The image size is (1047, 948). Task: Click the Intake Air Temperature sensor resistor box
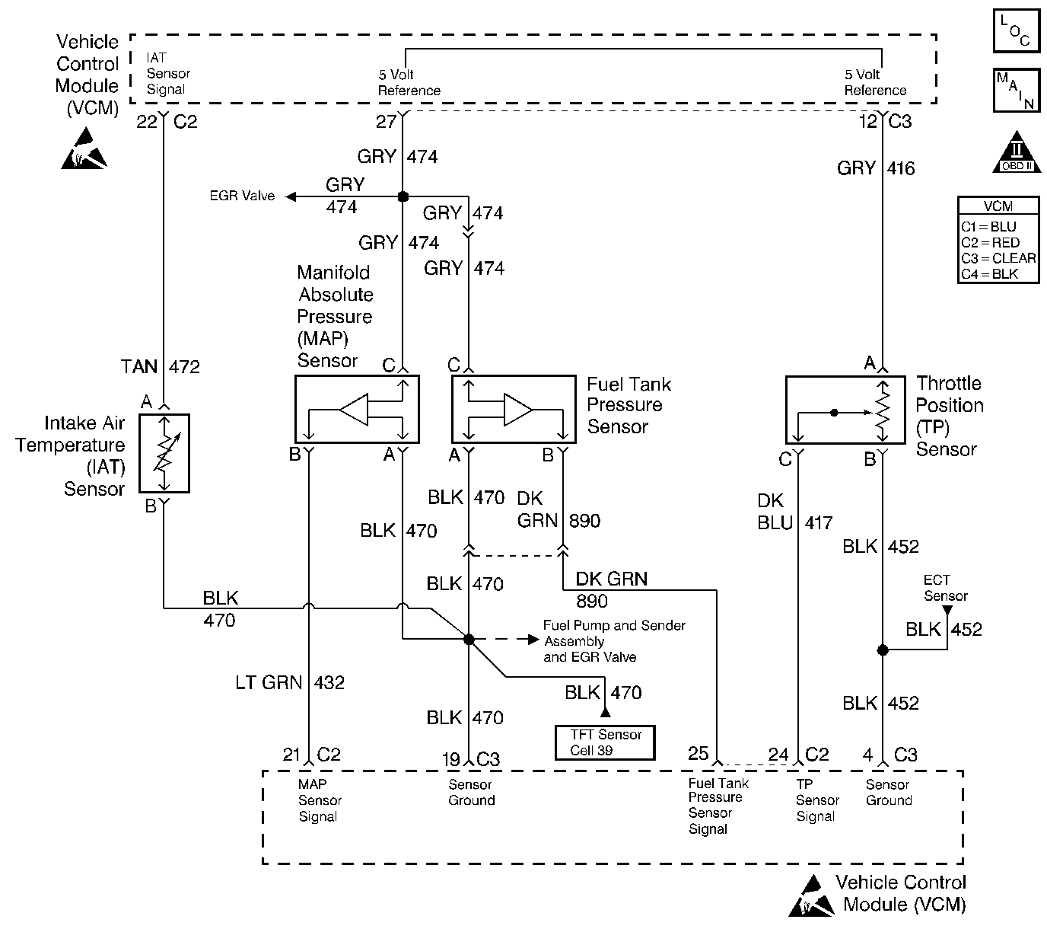pyautogui.click(x=164, y=453)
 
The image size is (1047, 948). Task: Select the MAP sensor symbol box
pyautogui.click(x=356, y=410)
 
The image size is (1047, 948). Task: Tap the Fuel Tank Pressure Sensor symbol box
pyautogui.click(x=514, y=410)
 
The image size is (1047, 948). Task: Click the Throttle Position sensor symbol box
pyautogui.click(x=844, y=410)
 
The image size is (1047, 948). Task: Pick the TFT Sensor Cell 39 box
pyautogui.click(x=605, y=742)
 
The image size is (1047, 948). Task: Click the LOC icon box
pyautogui.click(x=1016, y=31)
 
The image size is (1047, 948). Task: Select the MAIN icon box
pyautogui.click(x=1016, y=91)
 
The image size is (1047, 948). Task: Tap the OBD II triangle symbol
pyautogui.click(x=1017, y=152)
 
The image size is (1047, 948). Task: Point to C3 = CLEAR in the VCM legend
pyautogui.click(x=998, y=258)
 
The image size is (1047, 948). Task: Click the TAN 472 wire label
pyautogui.click(x=161, y=367)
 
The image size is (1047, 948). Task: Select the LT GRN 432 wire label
pyautogui.click(x=290, y=683)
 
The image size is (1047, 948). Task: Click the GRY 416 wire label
pyautogui.click(x=876, y=168)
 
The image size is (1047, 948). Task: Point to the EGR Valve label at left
pyautogui.click(x=242, y=196)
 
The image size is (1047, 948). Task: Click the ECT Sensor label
pyautogui.click(x=946, y=588)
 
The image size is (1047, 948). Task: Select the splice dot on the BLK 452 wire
pyautogui.click(x=883, y=650)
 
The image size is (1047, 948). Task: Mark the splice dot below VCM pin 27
pyautogui.click(x=403, y=196)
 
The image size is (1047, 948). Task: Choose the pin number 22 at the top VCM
pyautogui.click(x=146, y=122)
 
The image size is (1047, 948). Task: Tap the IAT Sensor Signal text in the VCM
pyautogui.click(x=167, y=74)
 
